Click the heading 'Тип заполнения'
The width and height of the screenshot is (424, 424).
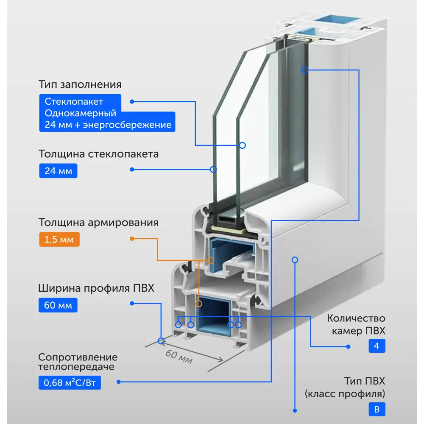(x=80, y=84)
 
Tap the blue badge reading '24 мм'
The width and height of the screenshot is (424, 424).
(x=58, y=171)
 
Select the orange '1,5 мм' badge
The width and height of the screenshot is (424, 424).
(x=59, y=239)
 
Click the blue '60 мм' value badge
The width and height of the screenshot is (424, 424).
(x=58, y=305)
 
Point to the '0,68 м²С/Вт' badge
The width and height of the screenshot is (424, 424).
(x=70, y=382)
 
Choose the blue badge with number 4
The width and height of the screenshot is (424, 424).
(x=377, y=346)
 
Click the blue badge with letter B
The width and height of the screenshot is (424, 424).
(x=377, y=410)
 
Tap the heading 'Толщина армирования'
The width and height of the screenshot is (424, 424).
(x=98, y=222)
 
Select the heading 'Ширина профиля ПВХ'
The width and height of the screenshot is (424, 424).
(x=96, y=288)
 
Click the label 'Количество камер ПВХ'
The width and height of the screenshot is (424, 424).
(x=356, y=324)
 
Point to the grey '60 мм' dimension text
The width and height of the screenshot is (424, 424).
(x=179, y=357)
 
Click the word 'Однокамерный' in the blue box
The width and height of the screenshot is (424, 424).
(x=80, y=113)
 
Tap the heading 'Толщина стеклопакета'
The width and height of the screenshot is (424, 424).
(x=98, y=154)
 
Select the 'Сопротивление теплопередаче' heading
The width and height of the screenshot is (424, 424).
(x=78, y=362)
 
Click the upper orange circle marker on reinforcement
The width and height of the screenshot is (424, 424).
(x=211, y=260)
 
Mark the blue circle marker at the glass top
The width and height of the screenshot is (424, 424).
(x=304, y=70)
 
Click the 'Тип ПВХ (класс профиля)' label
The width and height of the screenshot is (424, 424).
(x=345, y=387)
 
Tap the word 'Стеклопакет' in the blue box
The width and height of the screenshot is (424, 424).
(x=74, y=102)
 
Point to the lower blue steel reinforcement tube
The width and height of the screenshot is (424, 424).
(x=214, y=316)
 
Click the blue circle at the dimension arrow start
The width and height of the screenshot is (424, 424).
(x=161, y=341)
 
